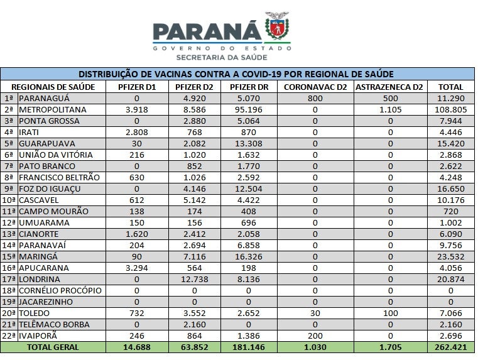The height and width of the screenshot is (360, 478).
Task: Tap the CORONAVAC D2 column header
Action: pyautogui.click(x=315, y=87)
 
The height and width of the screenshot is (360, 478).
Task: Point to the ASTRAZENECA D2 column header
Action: pyautogui.click(x=390, y=87)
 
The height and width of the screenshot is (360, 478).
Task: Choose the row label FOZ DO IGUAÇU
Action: pyautogui.click(x=49, y=188)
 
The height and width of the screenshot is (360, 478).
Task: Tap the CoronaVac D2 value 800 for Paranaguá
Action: pyautogui.click(x=315, y=98)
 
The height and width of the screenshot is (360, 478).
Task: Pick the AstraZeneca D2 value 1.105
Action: pyautogui.click(x=390, y=109)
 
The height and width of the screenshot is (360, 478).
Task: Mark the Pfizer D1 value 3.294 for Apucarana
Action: pyautogui.click(x=136, y=268)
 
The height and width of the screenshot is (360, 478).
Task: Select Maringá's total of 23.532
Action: pyautogui.click(x=450, y=256)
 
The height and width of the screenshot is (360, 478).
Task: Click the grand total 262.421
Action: pyautogui.click(x=450, y=347)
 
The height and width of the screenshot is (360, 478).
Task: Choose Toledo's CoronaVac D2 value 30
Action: pyautogui.click(x=315, y=313)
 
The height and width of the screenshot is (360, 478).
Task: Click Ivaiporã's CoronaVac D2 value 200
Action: pyautogui.click(x=315, y=335)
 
